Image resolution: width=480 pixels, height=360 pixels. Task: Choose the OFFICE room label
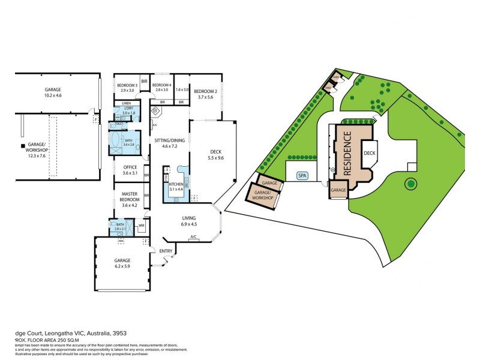pyautogui.click(x=130, y=170)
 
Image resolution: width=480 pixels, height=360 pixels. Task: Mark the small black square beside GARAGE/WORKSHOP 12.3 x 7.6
pyautogui.click(x=22, y=145)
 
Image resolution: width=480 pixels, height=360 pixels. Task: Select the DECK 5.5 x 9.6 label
pyautogui.click(x=215, y=154)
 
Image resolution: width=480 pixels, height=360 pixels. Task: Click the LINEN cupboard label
pyautogui.click(x=126, y=103)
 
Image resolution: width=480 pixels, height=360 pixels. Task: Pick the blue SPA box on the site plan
pyautogui.click(x=302, y=176)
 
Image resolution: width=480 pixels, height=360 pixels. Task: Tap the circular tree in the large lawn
pyautogui.click(x=410, y=182)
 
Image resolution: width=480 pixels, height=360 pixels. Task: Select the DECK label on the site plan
pyautogui.click(x=370, y=153)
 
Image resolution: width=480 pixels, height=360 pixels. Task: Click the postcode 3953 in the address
pyautogui.click(x=119, y=332)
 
